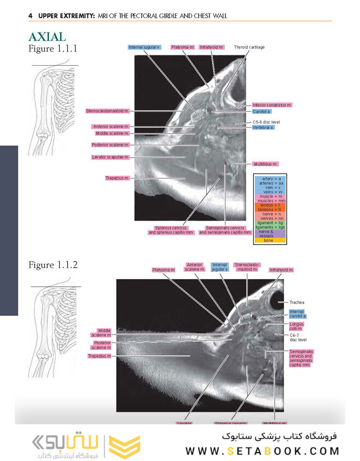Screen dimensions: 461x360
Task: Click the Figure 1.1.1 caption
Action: coord(53,49)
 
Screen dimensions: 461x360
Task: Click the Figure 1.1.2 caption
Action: coord(53,265)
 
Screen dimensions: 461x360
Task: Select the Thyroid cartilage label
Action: coord(249,48)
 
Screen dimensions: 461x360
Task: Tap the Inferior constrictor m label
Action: coord(272,105)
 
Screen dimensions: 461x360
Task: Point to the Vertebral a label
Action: coord(263,127)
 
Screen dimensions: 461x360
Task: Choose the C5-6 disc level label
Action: coord(266,122)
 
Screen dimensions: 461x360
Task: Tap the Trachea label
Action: coord(297,302)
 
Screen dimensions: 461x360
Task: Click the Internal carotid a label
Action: coord(297,314)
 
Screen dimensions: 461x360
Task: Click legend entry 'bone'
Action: coord(268,240)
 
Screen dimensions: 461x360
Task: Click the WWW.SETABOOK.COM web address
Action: coord(263,452)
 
